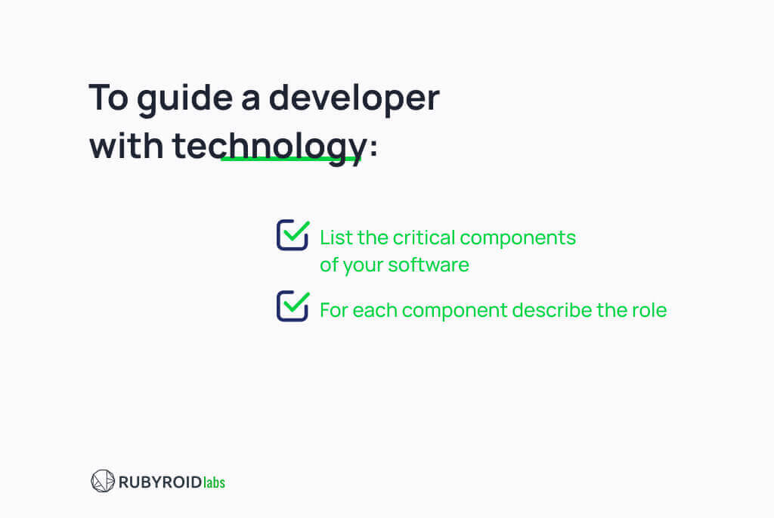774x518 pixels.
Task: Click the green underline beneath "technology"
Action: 291,160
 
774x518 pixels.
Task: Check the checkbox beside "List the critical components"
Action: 292,235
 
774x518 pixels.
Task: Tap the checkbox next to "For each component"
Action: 292,306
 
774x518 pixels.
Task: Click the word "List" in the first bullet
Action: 333,237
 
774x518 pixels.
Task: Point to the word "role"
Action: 650,310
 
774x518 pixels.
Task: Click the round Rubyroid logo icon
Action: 103,481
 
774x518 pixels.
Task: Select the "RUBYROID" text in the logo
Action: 159,482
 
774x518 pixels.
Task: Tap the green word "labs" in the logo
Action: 214,482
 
